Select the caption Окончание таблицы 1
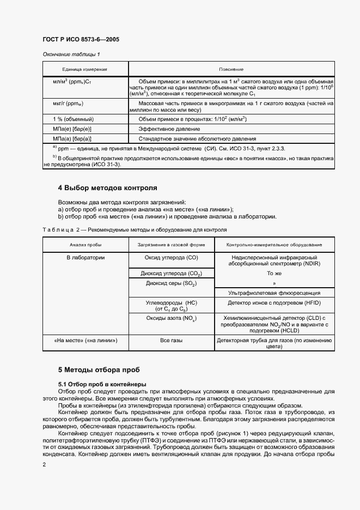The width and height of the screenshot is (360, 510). [x=71, y=54]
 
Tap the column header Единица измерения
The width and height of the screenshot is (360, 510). [x=85, y=70]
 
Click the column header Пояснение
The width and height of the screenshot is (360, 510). [x=231, y=70]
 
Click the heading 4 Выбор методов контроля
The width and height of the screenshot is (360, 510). [x=107, y=188]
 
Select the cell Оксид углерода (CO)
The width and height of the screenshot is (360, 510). [x=171, y=257]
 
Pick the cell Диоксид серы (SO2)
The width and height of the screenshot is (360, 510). [x=171, y=284]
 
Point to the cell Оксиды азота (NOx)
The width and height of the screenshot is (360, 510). [x=171, y=318]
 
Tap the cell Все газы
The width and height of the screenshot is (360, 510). [x=171, y=341]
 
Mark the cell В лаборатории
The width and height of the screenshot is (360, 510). [x=86, y=257]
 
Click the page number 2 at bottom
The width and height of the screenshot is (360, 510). [x=44, y=464]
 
